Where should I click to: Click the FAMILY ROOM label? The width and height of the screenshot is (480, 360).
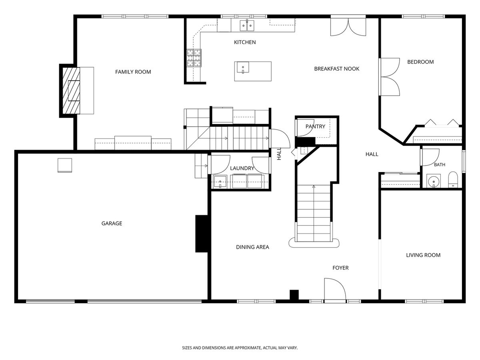click(133, 72)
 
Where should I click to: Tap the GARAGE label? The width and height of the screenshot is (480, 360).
click(112, 223)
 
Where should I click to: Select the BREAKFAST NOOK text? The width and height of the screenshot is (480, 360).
click(336, 69)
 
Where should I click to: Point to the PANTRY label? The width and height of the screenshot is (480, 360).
click(315, 126)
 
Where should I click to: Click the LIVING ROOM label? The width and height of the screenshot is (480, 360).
click(423, 255)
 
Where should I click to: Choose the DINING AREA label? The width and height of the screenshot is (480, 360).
click(252, 247)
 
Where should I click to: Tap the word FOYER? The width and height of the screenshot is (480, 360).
click(340, 268)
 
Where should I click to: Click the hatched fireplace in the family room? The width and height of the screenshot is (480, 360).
click(71, 90)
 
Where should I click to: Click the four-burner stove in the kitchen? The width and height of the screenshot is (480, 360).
click(194, 58)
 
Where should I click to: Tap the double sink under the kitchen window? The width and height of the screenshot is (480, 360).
click(247, 25)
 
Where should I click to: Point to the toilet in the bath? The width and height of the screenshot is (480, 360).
click(453, 180)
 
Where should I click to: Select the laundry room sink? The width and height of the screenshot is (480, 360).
click(220, 182)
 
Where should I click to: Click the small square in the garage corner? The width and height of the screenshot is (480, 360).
click(65, 165)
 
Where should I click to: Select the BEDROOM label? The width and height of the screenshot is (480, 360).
click(420, 62)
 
